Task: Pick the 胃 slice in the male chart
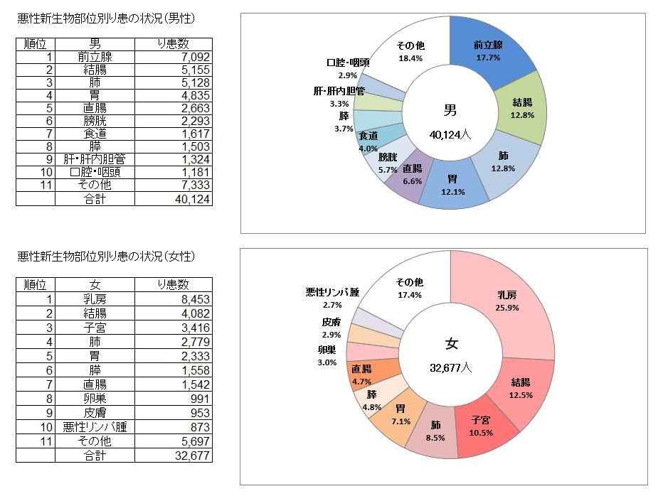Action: tap(452, 186)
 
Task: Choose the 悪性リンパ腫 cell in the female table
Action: tap(95, 427)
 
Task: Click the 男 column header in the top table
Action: tap(95, 43)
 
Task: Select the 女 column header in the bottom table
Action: tap(95, 285)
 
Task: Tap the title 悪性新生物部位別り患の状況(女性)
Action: tap(106, 256)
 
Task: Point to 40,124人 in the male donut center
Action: tap(450, 134)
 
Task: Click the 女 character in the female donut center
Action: tap(451, 345)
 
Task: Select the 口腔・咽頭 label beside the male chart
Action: tap(348, 63)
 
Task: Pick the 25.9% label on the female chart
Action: tap(507, 308)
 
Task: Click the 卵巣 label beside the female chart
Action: tap(327, 350)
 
